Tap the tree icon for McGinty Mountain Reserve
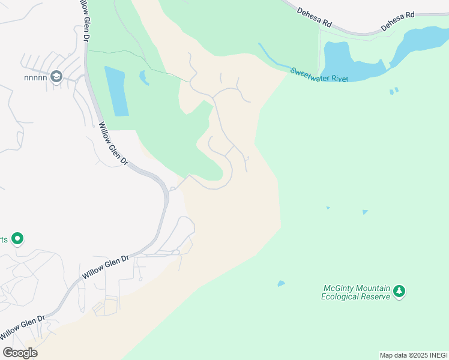(399, 292)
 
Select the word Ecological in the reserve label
(341, 296)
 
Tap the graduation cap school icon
(56, 76)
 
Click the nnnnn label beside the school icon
(35, 77)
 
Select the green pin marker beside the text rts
(18, 239)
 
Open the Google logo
(20, 352)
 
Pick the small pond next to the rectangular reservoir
(144, 78)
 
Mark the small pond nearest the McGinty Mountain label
(281, 283)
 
